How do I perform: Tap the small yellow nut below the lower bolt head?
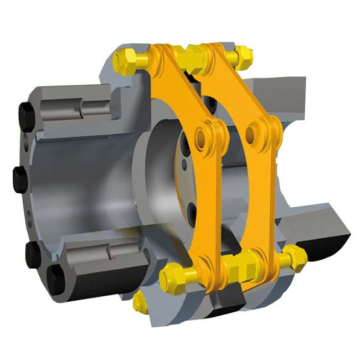tap(140, 301)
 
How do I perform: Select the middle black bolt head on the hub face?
tap(19, 178)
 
